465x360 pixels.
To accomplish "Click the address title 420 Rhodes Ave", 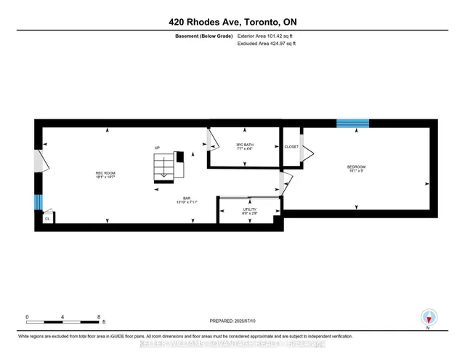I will [232, 22].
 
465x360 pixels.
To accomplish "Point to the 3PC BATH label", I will [244, 146].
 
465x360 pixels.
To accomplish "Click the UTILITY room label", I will [249, 211].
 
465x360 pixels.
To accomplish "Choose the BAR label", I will [187, 200].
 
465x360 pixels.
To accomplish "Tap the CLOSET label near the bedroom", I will [291, 146].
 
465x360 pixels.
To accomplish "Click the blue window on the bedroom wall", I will [352, 123].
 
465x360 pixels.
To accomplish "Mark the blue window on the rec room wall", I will [39, 201].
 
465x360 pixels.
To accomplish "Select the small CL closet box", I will [47, 217].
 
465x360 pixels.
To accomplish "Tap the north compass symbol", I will [430, 317].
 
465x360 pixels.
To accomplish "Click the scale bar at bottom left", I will [62, 320].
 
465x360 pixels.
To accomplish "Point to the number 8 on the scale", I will [98, 316].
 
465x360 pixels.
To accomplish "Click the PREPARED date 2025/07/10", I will [232, 321].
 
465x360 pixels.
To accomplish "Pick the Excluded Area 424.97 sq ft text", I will [267, 44].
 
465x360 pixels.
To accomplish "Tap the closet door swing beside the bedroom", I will [307, 152].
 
